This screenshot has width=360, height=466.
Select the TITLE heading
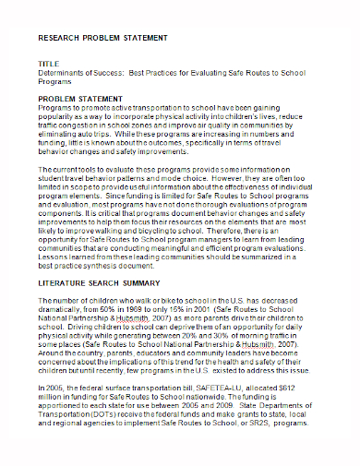[x=48, y=63]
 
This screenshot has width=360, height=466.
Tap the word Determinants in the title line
[x=61, y=71]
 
